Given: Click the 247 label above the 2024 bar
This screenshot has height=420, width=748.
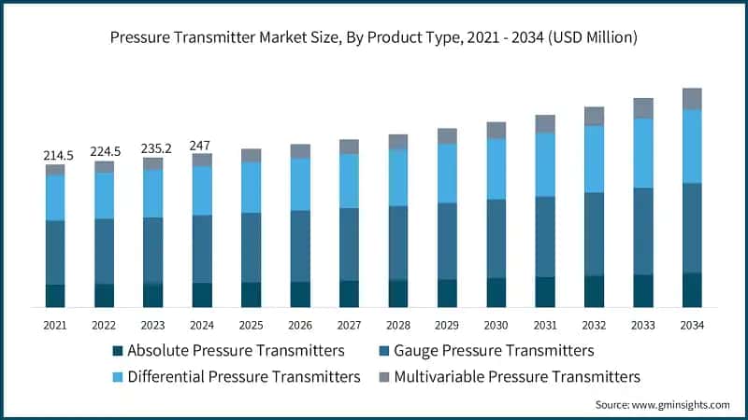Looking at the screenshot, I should (201, 145).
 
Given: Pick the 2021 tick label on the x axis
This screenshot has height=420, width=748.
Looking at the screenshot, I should (55, 325).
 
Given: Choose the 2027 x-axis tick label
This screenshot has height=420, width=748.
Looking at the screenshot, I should (349, 325).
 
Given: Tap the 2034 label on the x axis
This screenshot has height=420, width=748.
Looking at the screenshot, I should (692, 325).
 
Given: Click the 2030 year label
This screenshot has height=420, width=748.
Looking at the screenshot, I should (496, 325).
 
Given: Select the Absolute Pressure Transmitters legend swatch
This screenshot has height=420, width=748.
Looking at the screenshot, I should (117, 352).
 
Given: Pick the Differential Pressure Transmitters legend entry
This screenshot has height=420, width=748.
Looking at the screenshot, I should (243, 377).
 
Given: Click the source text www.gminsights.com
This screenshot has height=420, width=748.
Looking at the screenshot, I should (663, 404).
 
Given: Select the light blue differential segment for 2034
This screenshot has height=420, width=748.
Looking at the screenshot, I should (692, 147).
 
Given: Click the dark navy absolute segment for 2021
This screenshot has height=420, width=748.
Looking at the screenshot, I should (55, 296).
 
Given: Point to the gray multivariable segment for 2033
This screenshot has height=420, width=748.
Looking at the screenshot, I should (642, 108).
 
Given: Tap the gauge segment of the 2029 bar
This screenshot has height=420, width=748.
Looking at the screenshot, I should (447, 241).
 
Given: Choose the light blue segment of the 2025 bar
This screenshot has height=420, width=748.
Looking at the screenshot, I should (251, 188).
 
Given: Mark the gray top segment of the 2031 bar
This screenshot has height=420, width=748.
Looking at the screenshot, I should (545, 123).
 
